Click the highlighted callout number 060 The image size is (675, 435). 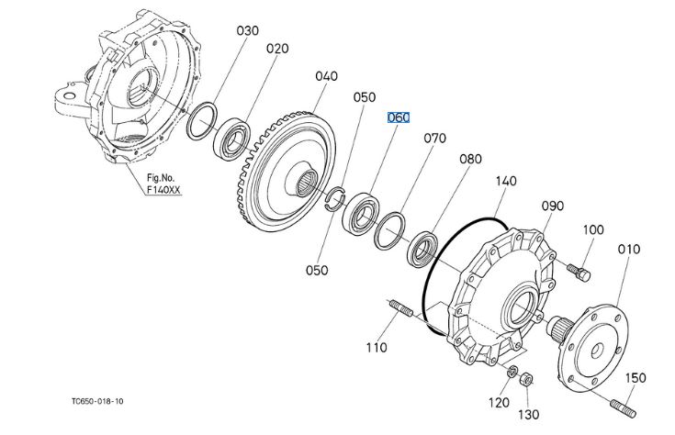(399, 117)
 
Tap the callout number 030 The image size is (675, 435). (248, 31)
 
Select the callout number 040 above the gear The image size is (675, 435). (326, 76)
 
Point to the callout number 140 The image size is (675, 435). (506, 181)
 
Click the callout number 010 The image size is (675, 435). (629, 249)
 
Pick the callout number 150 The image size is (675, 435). (636, 378)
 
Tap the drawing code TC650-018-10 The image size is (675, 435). (97, 401)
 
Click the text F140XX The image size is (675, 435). (163, 189)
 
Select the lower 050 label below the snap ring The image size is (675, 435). (317, 270)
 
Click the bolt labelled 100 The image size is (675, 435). (579, 273)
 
